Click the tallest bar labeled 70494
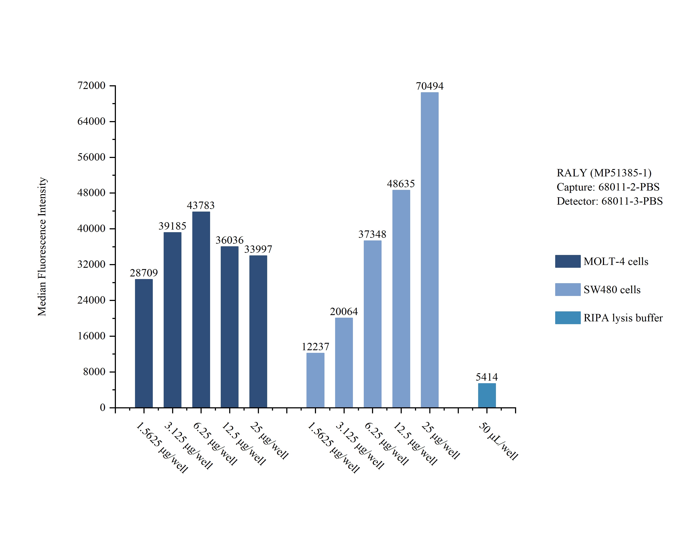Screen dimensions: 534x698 [x=430, y=250]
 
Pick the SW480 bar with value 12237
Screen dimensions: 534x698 [x=315, y=380]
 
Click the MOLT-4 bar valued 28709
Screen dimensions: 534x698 [x=144, y=343]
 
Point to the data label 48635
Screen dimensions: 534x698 [x=401, y=184]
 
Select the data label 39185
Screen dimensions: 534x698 [x=172, y=226]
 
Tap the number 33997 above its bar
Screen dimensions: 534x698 [x=258, y=249]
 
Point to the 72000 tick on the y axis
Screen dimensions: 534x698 [x=92, y=85]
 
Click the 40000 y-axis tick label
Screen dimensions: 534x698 [x=92, y=228]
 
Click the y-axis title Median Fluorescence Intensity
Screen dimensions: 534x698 [x=42, y=247]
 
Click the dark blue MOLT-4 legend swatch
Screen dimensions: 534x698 [x=568, y=261]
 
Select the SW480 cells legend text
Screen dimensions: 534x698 [x=612, y=290]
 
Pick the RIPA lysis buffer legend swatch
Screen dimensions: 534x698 [x=568, y=317]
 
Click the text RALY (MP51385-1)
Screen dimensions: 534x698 [x=604, y=173]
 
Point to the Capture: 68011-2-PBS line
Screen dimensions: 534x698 [x=608, y=187]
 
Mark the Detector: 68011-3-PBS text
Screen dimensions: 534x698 [x=609, y=201]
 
